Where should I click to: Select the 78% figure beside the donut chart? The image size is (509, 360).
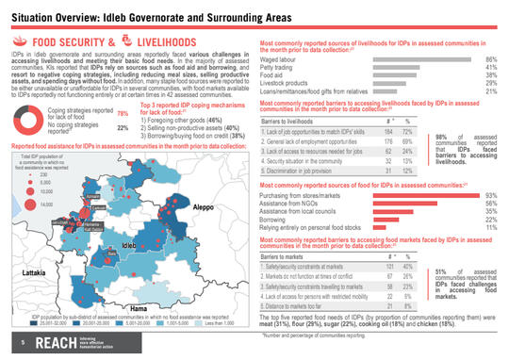[123, 139]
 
